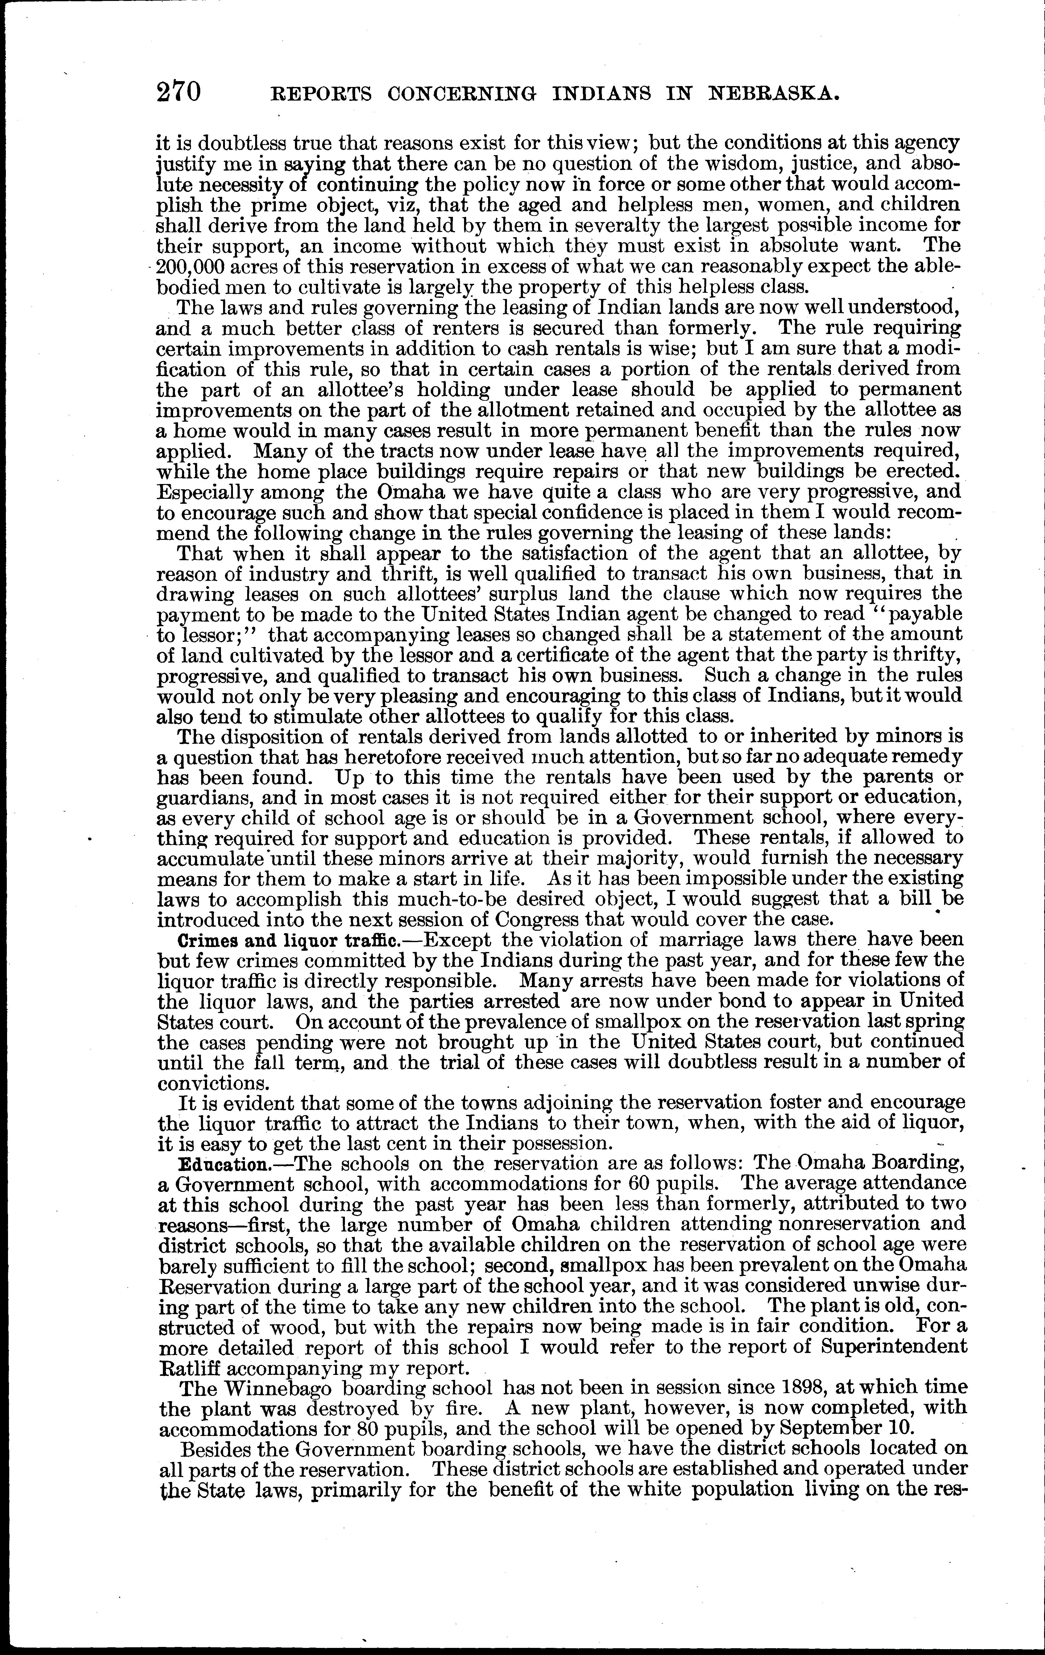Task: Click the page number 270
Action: [x=179, y=92]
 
